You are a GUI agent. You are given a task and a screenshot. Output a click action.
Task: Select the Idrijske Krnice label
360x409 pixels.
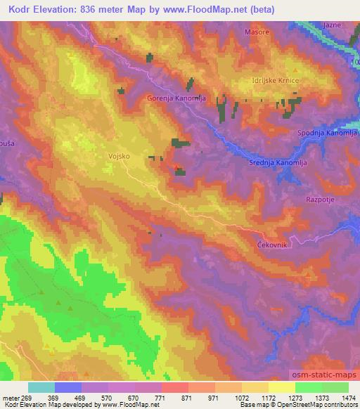coord(277,82)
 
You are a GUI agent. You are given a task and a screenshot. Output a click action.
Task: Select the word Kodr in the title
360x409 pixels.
coord(21,9)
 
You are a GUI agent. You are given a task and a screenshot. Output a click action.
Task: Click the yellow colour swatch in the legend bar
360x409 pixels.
coord(282,387)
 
